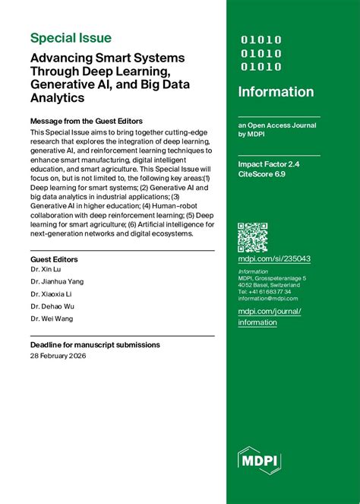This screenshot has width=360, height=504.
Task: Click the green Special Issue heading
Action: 71,38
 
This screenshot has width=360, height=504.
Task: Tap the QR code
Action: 253,237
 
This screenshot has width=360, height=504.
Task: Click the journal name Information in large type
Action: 276,92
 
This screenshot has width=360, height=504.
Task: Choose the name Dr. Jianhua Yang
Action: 57,281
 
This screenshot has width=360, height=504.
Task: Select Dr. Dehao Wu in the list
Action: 53,306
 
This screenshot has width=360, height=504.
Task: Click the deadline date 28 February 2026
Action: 63,356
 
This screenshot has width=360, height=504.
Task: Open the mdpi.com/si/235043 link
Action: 274,258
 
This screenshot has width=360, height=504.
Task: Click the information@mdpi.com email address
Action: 268,299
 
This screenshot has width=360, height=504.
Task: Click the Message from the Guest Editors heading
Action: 86,121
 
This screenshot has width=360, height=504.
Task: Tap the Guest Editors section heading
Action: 54,259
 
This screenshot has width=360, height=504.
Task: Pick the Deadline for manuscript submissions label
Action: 95,344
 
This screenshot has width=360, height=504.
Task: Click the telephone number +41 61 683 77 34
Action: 264,292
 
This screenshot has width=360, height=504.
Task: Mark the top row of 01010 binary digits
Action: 261,40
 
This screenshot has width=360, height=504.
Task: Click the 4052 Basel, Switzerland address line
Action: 269,285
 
